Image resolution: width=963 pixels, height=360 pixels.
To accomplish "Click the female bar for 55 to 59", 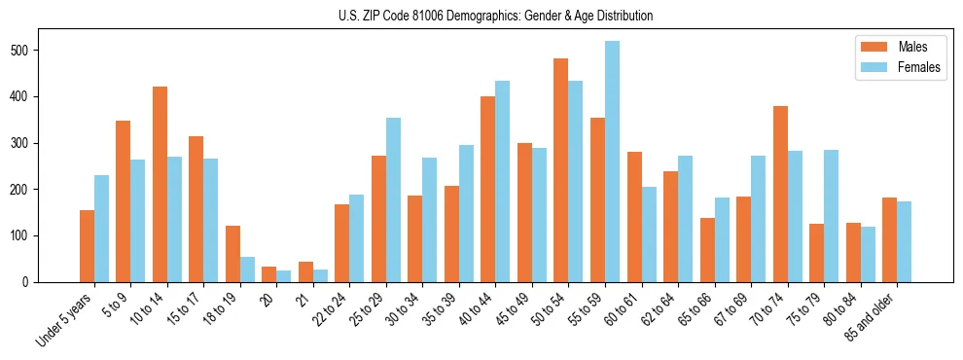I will pyautogui.click(x=612, y=162).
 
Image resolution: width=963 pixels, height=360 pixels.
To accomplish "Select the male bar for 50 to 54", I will pyautogui.click(x=561, y=170).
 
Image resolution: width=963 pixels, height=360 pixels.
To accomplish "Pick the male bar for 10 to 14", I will pyautogui.click(x=160, y=185).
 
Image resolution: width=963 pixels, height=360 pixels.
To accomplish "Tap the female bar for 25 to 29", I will pyautogui.click(x=393, y=200).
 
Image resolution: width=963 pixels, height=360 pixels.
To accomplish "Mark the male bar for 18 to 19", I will pyautogui.click(x=232, y=254).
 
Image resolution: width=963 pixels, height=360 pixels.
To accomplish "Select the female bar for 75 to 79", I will pyautogui.click(x=831, y=216).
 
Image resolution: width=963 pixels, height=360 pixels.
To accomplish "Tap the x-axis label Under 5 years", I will pyautogui.click(x=66, y=319).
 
